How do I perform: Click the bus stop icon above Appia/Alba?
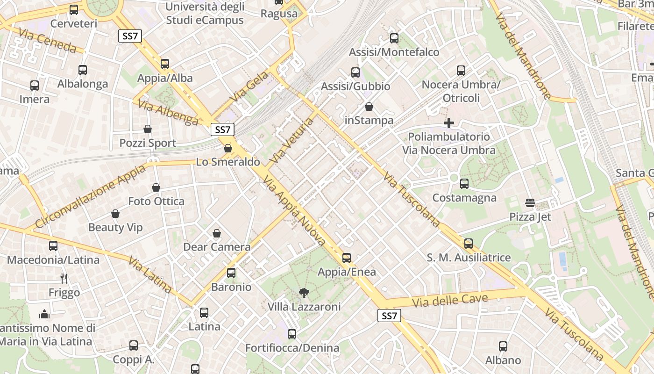pyautogui.click(x=165, y=64)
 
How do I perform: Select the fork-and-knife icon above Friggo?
pyautogui.click(x=64, y=279)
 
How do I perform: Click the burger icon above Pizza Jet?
pyautogui.click(x=530, y=203)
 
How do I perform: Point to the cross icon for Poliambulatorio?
pyautogui.click(x=449, y=123)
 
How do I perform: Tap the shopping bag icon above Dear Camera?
pyautogui.click(x=217, y=233)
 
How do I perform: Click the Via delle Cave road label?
pyautogui.click(x=450, y=301)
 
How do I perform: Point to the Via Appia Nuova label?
pyautogui.click(x=294, y=210)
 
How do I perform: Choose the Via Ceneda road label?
pyautogui.click(x=47, y=40)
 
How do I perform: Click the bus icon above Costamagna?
pyautogui.click(x=464, y=184)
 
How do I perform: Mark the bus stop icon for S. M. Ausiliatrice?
pyautogui.click(x=469, y=244)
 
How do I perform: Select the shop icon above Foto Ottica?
pyautogui.click(x=156, y=187)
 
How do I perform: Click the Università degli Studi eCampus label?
pyautogui.click(x=205, y=14)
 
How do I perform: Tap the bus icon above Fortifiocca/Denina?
pyautogui.click(x=292, y=334)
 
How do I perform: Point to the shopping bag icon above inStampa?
pyautogui.click(x=369, y=107)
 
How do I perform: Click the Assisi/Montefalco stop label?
pyautogui.click(x=394, y=52)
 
